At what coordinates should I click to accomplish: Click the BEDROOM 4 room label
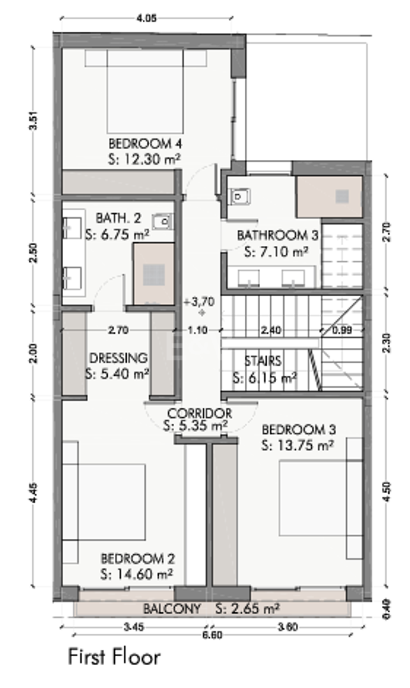[x=145, y=143]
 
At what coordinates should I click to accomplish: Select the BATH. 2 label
[x=119, y=218]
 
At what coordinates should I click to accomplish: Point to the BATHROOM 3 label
[x=277, y=235]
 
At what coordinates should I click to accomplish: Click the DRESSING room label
[x=118, y=358]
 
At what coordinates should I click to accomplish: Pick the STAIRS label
[x=263, y=361]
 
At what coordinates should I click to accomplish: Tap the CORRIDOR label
[x=200, y=413]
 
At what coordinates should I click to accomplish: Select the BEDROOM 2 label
[x=138, y=559]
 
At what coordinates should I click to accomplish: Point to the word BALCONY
[x=172, y=609]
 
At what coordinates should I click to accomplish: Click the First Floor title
[x=114, y=657]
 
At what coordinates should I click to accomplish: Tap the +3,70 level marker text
[x=199, y=302]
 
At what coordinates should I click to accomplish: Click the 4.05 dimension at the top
[x=146, y=18]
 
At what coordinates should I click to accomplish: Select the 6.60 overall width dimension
[x=212, y=635]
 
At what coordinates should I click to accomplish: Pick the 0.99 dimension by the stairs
[x=342, y=330]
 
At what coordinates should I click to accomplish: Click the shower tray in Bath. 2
[x=154, y=274]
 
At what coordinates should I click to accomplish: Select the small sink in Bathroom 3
[x=240, y=197]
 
